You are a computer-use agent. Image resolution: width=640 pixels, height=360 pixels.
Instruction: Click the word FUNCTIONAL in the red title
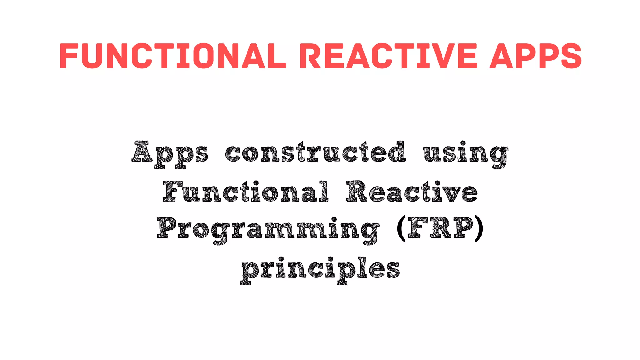coord(172,56)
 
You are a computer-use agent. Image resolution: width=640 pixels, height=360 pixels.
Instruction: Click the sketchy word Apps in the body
coord(170,154)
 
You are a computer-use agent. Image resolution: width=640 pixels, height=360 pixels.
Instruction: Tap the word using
coord(466,154)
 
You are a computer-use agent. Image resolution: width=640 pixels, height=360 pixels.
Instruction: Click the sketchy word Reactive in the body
coord(412,192)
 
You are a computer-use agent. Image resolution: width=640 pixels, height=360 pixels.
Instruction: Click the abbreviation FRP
coord(441,228)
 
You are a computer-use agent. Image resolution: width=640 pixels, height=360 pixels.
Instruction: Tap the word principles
coord(321,269)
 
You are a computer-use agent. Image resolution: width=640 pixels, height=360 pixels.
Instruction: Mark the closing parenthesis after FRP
coord(479,228)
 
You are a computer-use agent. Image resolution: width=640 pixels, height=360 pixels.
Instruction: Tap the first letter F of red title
coord(68,56)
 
